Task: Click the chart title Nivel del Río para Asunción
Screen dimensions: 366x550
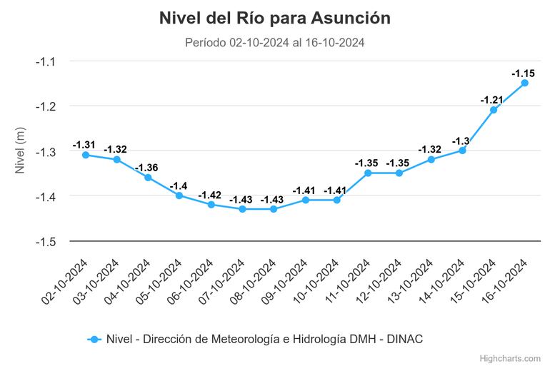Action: click(275, 19)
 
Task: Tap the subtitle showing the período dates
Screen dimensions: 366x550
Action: click(275, 43)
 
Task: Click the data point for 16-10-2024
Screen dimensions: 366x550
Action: click(524, 83)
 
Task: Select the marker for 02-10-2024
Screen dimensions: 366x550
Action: click(85, 155)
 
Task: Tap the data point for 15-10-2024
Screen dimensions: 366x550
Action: click(493, 110)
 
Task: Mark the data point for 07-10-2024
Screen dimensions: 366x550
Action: click(242, 209)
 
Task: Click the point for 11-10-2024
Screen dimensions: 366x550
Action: click(368, 173)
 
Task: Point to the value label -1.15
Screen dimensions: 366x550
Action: click(524, 73)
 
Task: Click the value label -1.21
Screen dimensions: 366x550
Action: click(492, 100)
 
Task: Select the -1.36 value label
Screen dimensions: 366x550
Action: click(147, 168)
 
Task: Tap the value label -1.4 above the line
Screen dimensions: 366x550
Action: click(179, 185)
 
